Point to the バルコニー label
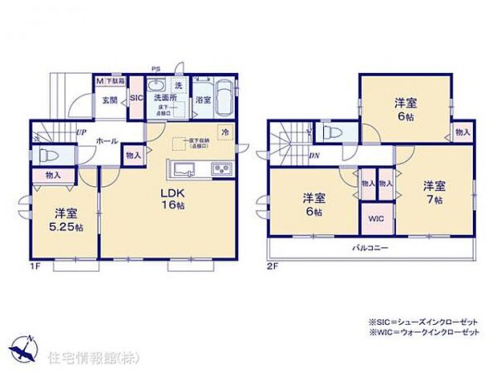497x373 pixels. [370, 248]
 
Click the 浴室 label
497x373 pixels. [204, 100]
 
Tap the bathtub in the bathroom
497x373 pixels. [224, 100]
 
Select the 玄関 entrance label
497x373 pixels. [110, 100]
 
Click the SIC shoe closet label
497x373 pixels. [135, 97]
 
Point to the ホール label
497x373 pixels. [107, 140]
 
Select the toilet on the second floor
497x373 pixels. [331, 134]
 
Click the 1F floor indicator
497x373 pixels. [37, 264]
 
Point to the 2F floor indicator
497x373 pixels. [274, 264]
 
